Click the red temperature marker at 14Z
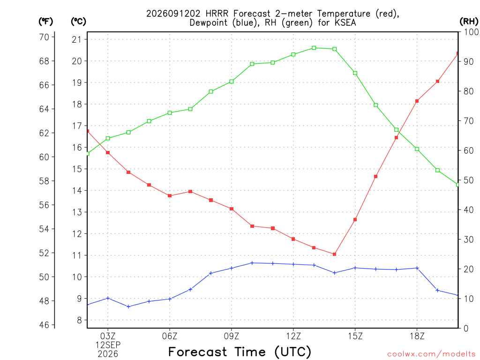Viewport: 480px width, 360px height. click(x=334, y=254)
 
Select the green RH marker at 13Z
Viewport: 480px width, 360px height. click(x=314, y=48)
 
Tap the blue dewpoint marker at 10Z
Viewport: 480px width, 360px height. click(x=252, y=262)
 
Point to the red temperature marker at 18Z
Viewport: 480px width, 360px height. click(x=417, y=101)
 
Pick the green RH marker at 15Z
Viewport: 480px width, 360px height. click(x=355, y=73)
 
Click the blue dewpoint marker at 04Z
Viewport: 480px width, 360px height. click(x=128, y=307)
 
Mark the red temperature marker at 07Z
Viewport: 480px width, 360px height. click(x=190, y=192)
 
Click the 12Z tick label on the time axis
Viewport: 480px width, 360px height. click(x=293, y=336)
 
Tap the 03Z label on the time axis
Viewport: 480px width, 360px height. click(x=108, y=336)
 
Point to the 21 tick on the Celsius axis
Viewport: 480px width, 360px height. click(x=77, y=39)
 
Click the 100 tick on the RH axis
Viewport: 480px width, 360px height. click(x=471, y=32)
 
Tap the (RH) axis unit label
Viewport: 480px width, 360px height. click(x=469, y=22)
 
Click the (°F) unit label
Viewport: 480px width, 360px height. click(x=45, y=22)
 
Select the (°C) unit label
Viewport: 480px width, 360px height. click(x=79, y=22)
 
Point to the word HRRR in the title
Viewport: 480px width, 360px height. click(x=217, y=14)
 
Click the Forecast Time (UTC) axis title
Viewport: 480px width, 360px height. click(x=240, y=352)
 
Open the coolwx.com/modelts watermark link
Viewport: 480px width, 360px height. click(x=431, y=354)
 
